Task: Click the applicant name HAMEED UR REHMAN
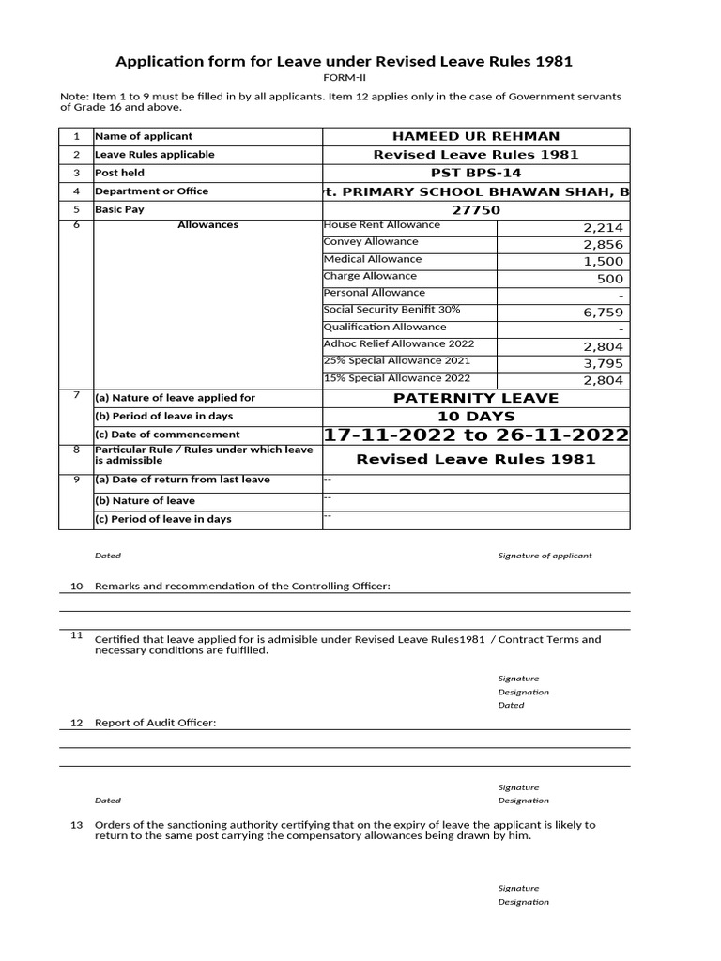(x=476, y=137)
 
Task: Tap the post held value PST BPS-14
(x=476, y=174)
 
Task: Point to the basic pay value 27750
(x=476, y=210)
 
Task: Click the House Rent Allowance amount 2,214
(x=603, y=227)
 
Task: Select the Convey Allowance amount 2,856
(x=603, y=244)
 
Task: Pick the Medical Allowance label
(x=373, y=259)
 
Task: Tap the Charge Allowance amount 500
(x=609, y=279)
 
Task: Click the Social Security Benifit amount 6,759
(x=603, y=313)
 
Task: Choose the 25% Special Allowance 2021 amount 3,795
(x=603, y=363)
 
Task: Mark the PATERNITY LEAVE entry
(x=476, y=398)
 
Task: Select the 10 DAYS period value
(x=476, y=416)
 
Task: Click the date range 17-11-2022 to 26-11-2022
(x=476, y=435)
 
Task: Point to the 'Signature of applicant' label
(x=545, y=556)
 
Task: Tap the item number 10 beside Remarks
(x=77, y=586)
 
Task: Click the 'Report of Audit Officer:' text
(x=155, y=723)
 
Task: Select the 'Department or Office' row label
(x=152, y=191)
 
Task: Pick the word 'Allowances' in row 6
(x=207, y=225)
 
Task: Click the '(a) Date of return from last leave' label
(x=182, y=480)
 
